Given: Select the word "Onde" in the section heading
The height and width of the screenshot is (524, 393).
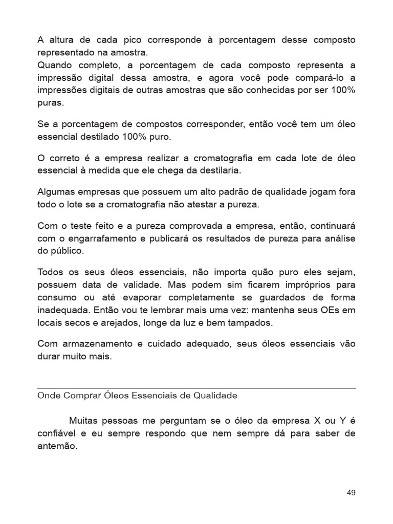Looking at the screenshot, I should (x=48, y=396).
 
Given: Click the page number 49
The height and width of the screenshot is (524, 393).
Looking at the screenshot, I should (x=351, y=493).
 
